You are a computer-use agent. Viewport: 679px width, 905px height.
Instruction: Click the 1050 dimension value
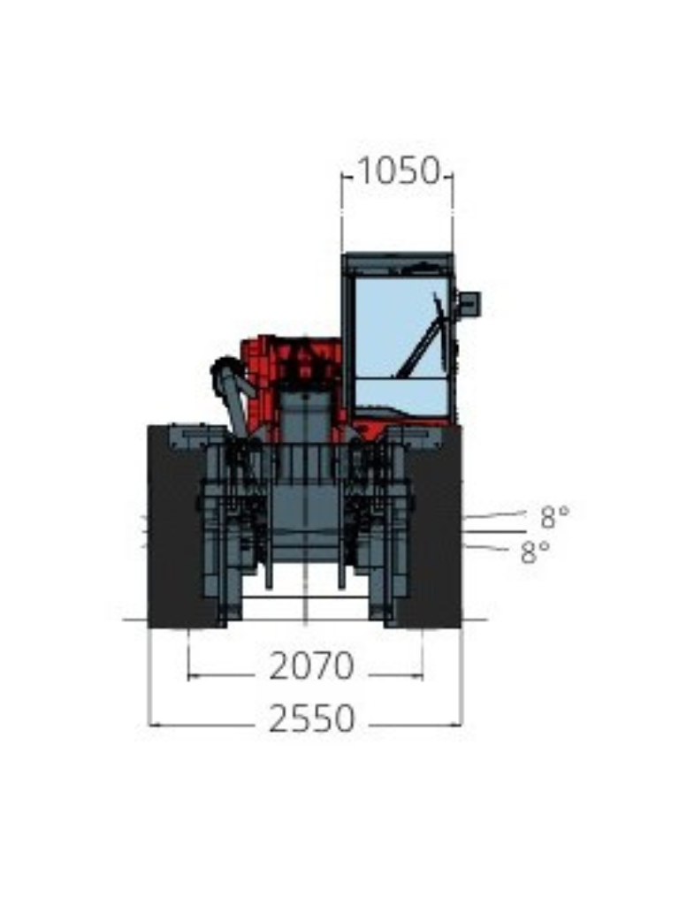tap(399, 171)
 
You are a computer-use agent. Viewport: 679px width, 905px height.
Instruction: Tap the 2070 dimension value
tap(311, 666)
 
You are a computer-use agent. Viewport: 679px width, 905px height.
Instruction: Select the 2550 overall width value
tap(312, 719)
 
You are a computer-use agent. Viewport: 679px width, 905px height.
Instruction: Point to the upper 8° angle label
tap(555, 516)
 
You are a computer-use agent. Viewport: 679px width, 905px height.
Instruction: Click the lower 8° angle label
tap(535, 551)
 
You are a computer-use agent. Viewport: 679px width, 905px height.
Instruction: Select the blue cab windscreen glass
tap(401, 328)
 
